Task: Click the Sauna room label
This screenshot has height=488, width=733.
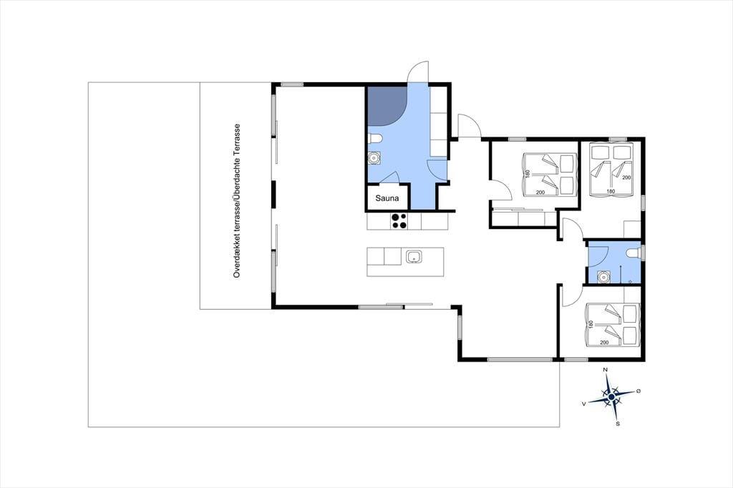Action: coord(387,198)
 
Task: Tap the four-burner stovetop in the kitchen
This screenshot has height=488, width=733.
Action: coord(399,220)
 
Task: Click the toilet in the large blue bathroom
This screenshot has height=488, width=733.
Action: coord(375,138)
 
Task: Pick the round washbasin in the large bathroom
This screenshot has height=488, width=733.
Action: coord(374,158)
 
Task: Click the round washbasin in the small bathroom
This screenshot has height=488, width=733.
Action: coord(604,277)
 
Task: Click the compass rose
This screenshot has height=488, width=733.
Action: coord(611,397)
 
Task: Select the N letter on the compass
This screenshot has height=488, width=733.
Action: coord(606,370)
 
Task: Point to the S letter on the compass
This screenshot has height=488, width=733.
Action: coord(618,424)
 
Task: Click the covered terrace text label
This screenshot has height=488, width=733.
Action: coord(237,201)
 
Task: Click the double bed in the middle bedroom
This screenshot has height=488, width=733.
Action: coord(548,175)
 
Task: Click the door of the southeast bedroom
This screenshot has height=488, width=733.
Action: coord(568,293)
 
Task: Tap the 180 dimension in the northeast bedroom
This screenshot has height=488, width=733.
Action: coord(611,191)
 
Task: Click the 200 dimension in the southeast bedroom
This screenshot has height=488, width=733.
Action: coord(604,343)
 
